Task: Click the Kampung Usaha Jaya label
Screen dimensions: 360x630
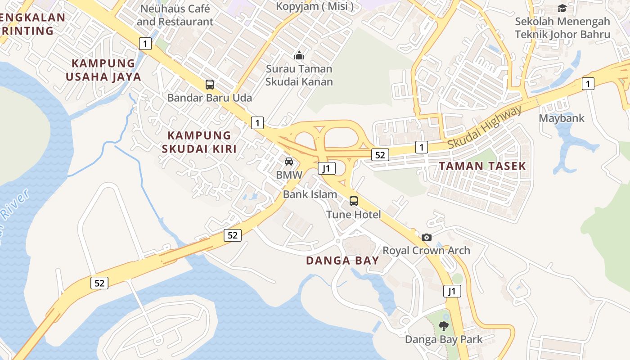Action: tap(103, 70)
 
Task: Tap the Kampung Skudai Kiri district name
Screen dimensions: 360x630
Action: tap(199, 142)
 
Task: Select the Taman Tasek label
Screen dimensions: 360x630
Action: tap(482, 166)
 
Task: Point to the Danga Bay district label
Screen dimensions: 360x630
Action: tap(342, 261)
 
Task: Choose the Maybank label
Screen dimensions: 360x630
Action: tap(562, 118)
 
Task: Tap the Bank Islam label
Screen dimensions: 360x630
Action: tap(310, 194)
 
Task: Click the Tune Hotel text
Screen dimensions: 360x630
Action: tap(354, 215)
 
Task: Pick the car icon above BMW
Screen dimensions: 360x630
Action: tap(289, 161)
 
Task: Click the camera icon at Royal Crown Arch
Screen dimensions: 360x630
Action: tap(427, 237)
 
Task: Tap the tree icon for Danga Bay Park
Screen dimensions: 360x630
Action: tap(444, 326)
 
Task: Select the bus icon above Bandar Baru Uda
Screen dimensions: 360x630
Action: tap(210, 84)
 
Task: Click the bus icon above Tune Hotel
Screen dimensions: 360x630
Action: tap(354, 201)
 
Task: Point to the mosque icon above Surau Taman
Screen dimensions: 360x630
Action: tap(299, 56)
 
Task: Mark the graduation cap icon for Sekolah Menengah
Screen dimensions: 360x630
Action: tap(562, 8)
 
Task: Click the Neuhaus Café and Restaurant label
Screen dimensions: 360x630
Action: tap(175, 15)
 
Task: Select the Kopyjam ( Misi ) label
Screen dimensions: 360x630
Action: tap(315, 6)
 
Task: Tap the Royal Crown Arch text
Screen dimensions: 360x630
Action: tap(426, 251)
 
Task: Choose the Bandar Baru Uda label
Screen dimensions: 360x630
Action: tap(210, 98)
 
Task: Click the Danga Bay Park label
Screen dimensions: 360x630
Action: tap(444, 339)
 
